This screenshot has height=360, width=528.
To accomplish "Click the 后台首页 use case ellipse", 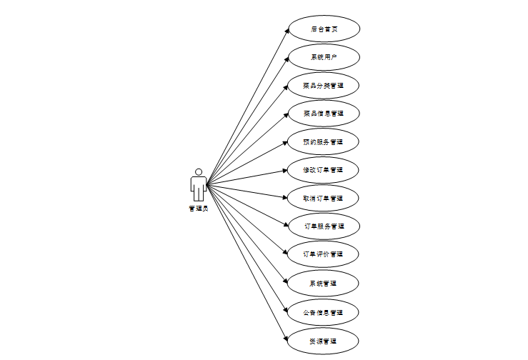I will tap(324, 29).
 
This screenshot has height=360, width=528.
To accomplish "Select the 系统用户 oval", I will tap(324, 57).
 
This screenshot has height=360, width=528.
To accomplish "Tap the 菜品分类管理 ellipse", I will tap(324, 86).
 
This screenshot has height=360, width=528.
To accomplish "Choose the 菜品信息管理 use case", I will tap(324, 114).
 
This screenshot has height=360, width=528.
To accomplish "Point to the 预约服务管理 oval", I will tap(324, 141).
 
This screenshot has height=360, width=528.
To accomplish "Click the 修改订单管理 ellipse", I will tap(324, 170).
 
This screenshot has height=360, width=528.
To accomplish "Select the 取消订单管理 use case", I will tap(324, 198).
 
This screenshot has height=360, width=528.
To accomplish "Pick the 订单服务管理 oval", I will tap(324, 226).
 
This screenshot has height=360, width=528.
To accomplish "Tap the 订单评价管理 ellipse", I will tap(324, 254).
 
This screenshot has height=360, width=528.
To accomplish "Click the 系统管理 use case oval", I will tap(324, 284).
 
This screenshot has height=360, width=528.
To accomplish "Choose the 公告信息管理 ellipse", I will tap(324, 312).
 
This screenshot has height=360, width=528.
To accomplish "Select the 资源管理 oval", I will tap(324, 341).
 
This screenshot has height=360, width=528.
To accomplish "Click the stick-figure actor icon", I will tap(199, 186).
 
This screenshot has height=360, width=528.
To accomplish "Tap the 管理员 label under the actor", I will tap(199, 209).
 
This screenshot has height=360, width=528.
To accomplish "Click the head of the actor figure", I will tap(199, 172).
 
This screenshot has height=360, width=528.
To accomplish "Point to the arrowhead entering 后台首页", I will tap(286, 32).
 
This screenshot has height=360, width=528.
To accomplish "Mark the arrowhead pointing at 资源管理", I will tap(286, 337).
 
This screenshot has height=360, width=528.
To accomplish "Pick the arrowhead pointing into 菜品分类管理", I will tap(286, 87).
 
